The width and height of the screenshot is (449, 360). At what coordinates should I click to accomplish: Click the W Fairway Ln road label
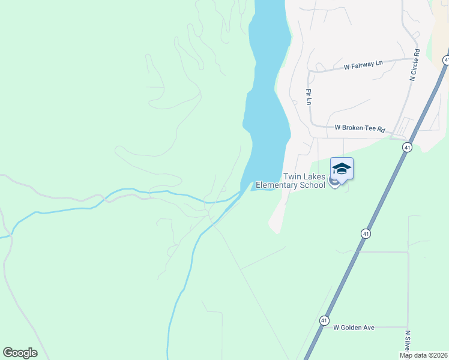(363, 64)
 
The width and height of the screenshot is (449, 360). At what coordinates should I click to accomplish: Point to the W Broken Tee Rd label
(359, 128)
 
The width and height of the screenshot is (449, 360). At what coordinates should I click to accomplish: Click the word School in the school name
(312, 185)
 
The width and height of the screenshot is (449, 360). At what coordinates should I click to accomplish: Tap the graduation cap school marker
(342, 168)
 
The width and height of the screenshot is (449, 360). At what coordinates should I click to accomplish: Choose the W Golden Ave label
(354, 328)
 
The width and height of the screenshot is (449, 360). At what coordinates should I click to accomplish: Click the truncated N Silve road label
(408, 340)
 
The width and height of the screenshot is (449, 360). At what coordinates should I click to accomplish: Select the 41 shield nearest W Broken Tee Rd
(408, 148)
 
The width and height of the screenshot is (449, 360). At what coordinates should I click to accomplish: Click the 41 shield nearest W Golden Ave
(324, 320)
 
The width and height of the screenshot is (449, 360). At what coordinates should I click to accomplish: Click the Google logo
(20, 353)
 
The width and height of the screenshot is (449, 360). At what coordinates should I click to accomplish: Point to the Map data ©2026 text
(423, 355)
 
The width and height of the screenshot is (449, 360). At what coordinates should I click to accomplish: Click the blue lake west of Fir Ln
(268, 90)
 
